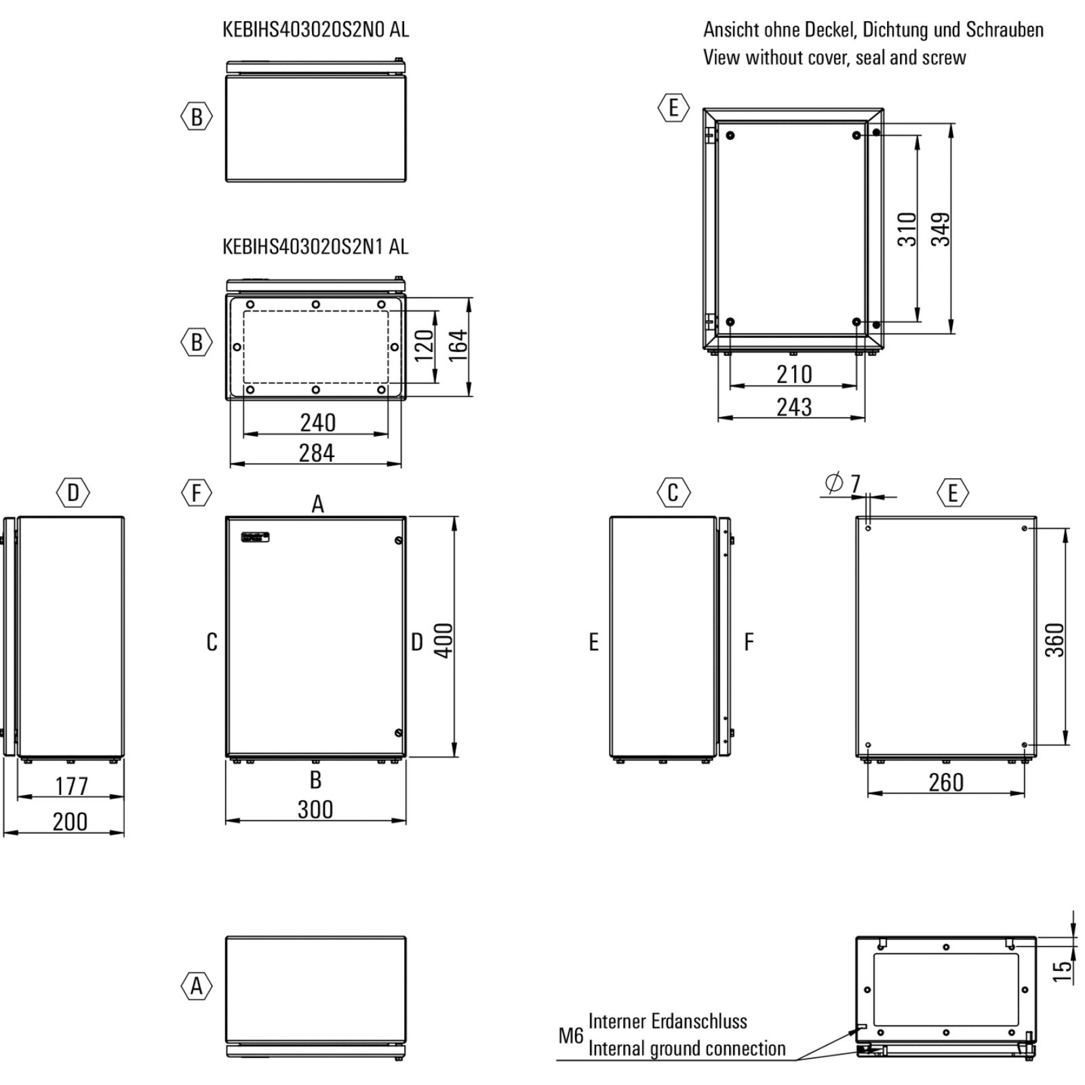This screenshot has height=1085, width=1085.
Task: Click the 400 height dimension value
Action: point(443,640)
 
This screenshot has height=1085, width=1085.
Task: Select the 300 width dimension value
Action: point(315,809)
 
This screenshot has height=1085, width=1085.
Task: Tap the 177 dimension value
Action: point(71,786)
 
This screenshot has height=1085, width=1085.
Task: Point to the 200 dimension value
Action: point(70,822)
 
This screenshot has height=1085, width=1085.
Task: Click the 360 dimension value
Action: point(1054,640)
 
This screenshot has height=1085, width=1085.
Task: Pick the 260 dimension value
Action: point(946,783)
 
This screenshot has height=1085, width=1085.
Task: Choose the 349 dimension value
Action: point(940,229)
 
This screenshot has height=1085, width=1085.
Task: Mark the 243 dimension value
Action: point(794,407)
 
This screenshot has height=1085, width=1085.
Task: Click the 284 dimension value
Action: point(317,452)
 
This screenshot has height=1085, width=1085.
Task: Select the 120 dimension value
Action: point(423,346)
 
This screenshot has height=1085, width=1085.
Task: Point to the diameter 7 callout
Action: point(843,484)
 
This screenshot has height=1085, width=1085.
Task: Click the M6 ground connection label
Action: point(570,1035)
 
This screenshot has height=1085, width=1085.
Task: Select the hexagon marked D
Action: point(73,493)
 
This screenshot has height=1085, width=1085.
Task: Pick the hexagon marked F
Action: point(197,493)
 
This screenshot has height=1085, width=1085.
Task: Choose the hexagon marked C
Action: point(673,493)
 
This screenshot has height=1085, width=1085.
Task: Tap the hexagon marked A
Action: point(197,985)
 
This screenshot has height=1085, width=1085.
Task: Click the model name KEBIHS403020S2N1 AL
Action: point(315,247)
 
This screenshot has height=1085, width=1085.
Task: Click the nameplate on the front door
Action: point(256,537)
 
